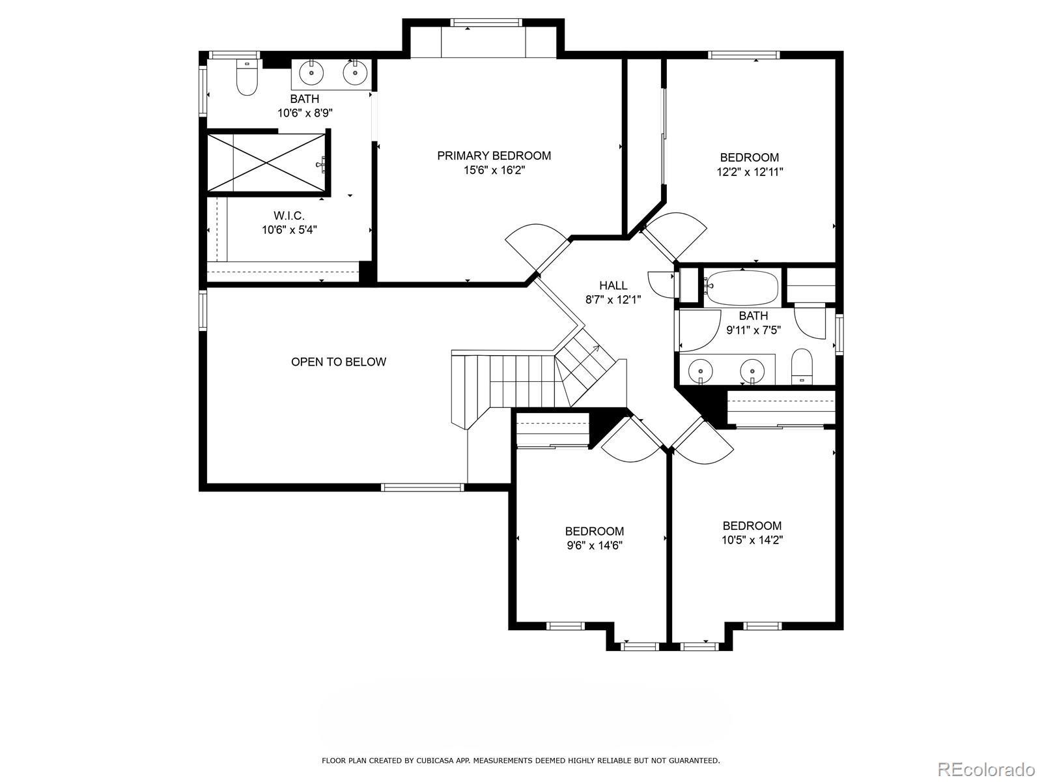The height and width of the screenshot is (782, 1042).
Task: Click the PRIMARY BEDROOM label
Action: click(x=494, y=156)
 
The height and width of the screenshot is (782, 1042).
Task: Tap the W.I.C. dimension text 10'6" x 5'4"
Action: click(x=290, y=230)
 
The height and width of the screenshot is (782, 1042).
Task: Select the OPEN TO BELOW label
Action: click(x=339, y=362)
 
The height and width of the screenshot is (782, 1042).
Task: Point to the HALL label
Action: click(x=613, y=285)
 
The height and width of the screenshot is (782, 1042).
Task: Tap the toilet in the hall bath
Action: click(x=802, y=366)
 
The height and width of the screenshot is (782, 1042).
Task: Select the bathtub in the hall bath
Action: click(x=741, y=287)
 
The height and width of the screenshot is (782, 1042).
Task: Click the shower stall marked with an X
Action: click(x=266, y=163)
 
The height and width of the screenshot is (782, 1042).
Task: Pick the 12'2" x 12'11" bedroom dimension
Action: click(x=750, y=172)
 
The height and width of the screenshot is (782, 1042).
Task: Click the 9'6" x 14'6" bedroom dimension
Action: click(x=595, y=545)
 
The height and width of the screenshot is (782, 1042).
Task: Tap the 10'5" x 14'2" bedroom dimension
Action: click(x=752, y=540)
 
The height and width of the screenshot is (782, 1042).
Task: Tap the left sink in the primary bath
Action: click(x=311, y=73)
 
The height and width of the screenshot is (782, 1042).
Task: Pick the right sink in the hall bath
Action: click(x=752, y=370)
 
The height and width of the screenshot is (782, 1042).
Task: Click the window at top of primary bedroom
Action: click(x=486, y=22)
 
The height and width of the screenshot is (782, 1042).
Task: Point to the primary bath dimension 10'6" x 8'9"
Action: click(x=305, y=113)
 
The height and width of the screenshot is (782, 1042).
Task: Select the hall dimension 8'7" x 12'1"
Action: click(x=613, y=300)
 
